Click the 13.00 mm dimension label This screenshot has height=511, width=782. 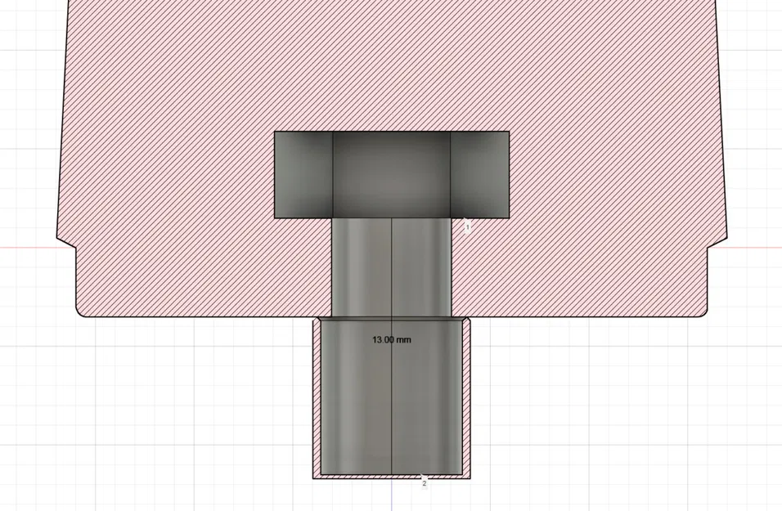(391, 339)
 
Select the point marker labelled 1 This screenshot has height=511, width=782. (467, 227)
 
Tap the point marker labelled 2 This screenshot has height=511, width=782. (424, 482)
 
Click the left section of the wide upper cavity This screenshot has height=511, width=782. (303, 174)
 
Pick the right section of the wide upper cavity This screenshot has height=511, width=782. (480, 174)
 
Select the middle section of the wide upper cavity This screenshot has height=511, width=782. (391, 174)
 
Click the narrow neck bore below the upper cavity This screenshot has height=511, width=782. (391, 267)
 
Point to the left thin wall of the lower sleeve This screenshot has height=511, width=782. (316, 397)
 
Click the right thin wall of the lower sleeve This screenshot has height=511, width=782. (467, 397)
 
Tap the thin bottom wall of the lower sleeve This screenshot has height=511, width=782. (391, 475)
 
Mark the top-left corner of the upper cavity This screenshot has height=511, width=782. (274, 132)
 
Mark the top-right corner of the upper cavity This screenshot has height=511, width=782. (509, 132)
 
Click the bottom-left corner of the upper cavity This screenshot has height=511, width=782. (274, 217)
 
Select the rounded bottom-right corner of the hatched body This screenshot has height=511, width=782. (703, 312)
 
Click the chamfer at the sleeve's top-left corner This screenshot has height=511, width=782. (316, 320)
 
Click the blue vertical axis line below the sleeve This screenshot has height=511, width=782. (391, 495)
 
